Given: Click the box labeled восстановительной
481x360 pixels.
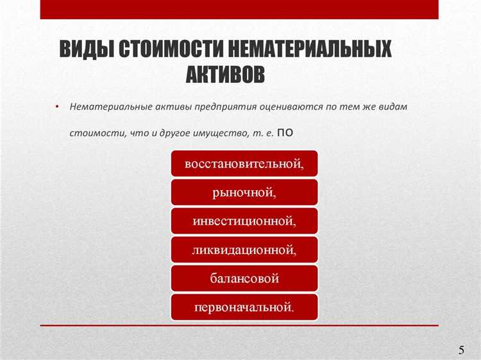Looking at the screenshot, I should pyautogui.click(x=244, y=164).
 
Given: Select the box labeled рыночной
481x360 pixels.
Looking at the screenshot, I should pyautogui.click(x=244, y=192).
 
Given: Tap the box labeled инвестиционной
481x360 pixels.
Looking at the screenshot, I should pyautogui.click(x=244, y=221).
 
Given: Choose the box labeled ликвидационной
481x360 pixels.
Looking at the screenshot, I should pyautogui.click(x=244, y=250).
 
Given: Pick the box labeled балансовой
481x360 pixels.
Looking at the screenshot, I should pyautogui.click(x=244, y=279).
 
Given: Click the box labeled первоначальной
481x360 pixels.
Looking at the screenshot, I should pyautogui.click(x=244, y=307).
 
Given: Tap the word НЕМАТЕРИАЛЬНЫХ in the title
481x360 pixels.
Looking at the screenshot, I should pyautogui.click(x=311, y=50).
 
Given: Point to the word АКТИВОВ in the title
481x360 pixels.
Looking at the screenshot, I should pyautogui.click(x=225, y=74).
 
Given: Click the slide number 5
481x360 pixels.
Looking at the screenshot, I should pyautogui.click(x=462, y=350).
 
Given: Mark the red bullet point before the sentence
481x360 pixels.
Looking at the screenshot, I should pyautogui.click(x=56, y=106).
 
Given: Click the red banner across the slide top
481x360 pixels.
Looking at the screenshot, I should pyautogui.click(x=239, y=9).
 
